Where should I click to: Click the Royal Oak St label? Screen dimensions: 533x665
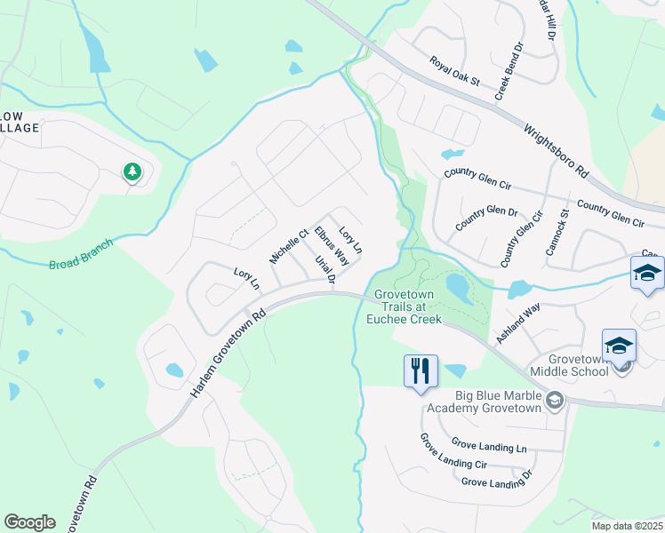coord(453,71)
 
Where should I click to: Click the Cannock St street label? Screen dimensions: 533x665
coord(557,233)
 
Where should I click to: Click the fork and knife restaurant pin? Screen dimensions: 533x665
coord(421,370)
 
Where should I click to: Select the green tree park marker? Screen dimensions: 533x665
coord(132,171)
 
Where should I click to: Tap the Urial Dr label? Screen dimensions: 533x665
coord(324,271)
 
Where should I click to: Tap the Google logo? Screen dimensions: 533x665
coord(29,521)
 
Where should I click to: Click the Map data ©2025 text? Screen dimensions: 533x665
coord(627,526)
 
